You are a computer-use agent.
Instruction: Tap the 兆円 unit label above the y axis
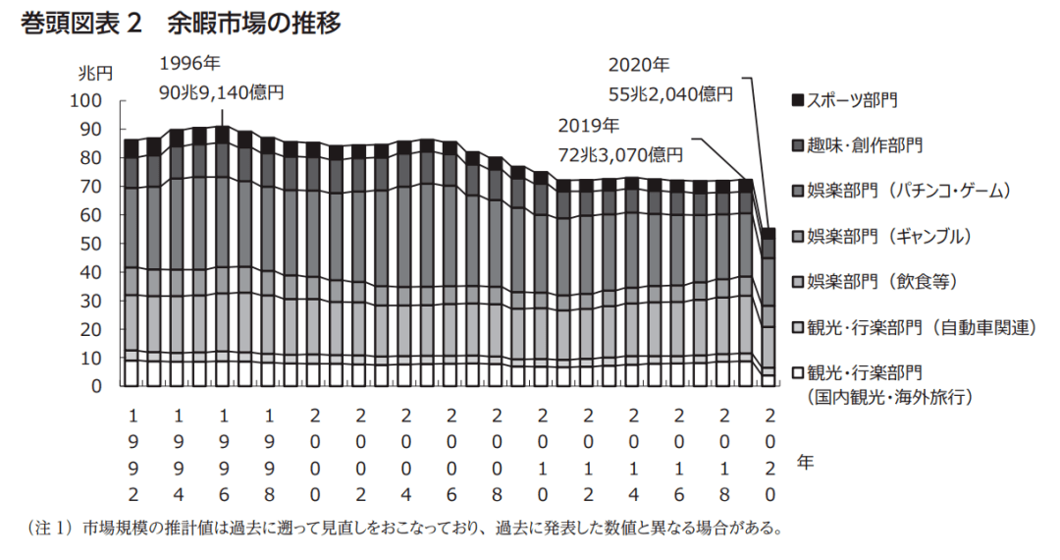pyautogui.click(x=95, y=73)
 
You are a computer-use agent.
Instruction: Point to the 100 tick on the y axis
pyautogui.click(x=86, y=100)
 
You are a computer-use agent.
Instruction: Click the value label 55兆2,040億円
pyautogui.click(x=669, y=94)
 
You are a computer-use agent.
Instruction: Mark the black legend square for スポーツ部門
pyautogui.click(x=797, y=99)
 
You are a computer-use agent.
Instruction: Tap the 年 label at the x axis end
pyautogui.click(x=804, y=459)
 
